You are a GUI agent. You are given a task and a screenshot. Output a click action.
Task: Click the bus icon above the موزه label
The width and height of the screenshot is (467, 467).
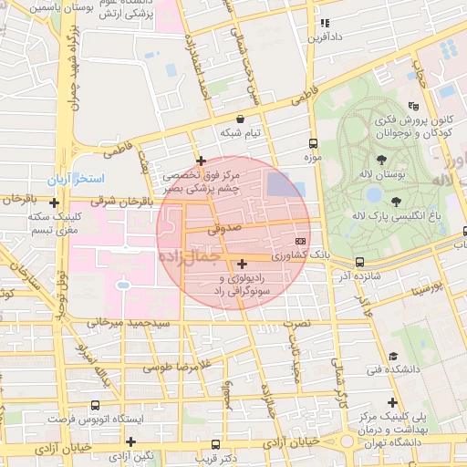(x=314, y=143)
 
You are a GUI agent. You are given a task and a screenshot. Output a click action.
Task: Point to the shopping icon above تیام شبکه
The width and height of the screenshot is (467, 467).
(x=240, y=119)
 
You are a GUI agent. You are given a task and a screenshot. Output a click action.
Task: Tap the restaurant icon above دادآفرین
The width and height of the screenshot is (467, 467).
(x=323, y=23)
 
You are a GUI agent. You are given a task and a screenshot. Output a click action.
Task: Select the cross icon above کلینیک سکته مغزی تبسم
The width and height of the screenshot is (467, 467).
(x=55, y=202)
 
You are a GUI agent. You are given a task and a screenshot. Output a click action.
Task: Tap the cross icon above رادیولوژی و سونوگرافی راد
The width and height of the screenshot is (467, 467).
(x=241, y=264)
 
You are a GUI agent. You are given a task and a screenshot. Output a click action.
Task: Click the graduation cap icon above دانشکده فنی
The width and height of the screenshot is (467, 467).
(x=393, y=356)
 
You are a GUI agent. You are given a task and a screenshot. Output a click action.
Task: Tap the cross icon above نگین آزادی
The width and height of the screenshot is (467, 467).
(x=131, y=441)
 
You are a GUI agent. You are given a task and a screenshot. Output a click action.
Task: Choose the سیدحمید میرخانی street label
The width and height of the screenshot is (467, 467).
(x=128, y=324)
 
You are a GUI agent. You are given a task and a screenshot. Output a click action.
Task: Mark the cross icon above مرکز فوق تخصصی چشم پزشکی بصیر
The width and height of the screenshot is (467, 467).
(x=200, y=161)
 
